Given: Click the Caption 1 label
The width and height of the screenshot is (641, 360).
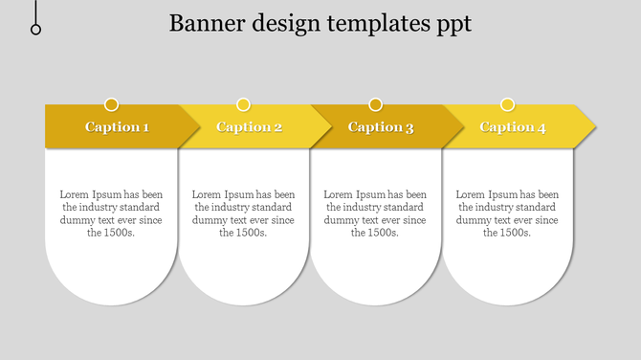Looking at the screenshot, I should [117, 127].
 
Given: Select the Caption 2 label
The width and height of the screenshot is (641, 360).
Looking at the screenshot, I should [249, 127].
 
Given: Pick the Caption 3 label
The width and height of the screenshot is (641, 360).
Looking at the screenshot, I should [381, 127].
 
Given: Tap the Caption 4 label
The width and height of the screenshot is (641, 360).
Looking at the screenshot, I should [513, 127].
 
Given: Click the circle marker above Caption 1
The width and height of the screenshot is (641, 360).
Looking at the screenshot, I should [112, 104].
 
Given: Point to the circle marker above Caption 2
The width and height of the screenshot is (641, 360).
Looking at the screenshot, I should [244, 104].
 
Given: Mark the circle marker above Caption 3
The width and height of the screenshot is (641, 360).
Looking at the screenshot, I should [376, 104].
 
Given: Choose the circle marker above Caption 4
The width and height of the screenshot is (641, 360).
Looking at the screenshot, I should [508, 104].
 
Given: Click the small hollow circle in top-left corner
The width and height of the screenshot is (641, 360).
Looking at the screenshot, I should [36, 30].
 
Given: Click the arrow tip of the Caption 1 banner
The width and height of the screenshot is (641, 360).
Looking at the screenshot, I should [193, 126].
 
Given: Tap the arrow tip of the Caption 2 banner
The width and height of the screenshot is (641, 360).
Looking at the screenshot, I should [325, 126].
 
